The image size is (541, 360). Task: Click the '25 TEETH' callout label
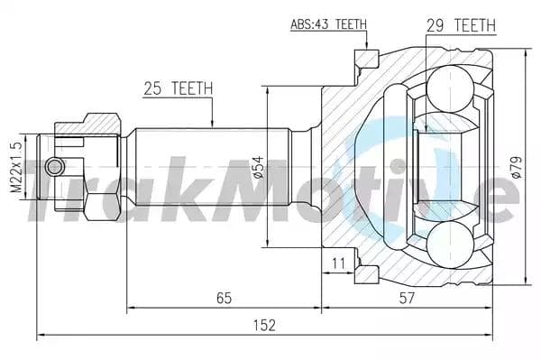(x=178, y=88)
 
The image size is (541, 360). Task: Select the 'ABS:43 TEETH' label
(x=328, y=24)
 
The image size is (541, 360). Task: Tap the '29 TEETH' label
(x=461, y=25)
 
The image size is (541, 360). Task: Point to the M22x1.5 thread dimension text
(x=16, y=167)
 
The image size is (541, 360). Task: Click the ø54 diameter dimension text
(x=259, y=168)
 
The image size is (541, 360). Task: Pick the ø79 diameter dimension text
(x=517, y=168)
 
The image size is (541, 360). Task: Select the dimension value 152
(x=264, y=325)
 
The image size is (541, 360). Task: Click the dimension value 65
(x=225, y=298)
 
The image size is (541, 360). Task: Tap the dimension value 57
(x=407, y=298)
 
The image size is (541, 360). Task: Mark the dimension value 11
(x=338, y=263)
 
